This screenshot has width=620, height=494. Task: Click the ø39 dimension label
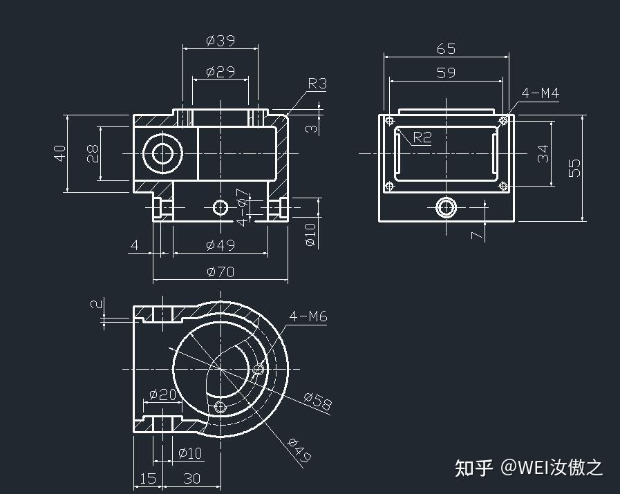[x=220, y=41]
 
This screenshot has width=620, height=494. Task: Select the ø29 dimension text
[x=220, y=71]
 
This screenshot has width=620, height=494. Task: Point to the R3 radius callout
[x=317, y=84]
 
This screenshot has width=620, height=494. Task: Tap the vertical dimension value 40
[x=60, y=153]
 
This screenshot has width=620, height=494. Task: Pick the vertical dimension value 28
[x=93, y=153]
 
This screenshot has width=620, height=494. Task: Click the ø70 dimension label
[x=220, y=272]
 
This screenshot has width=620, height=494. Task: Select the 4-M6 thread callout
[x=308, y=316]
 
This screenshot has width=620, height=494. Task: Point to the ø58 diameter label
[x=317, y=401]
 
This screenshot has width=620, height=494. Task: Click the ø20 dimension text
[x=162, y=395]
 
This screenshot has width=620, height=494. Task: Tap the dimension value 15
[x=148, y=478]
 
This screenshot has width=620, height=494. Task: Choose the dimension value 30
[x=191, y=478]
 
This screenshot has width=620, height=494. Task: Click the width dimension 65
[x=447, y=49]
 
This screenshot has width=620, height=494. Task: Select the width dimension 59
[x=447, y=72]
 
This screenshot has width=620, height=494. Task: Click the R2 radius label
[x=422, y=137]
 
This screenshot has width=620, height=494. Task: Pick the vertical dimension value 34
[x=545, y=153]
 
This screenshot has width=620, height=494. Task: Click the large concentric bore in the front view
[x=163, y=153]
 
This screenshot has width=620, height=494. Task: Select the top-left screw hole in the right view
[x=390, y=121]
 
